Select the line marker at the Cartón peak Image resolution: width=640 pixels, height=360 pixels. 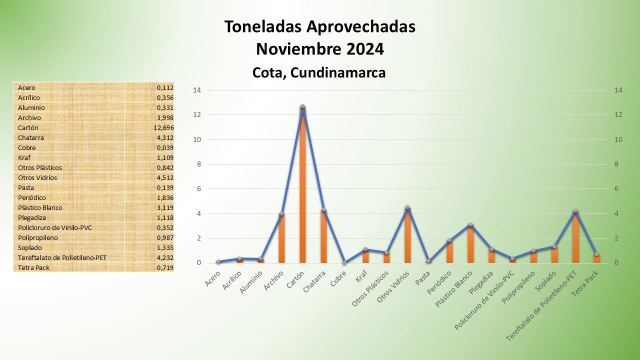pos(302,106)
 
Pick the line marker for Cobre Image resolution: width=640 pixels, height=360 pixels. pos(344,262)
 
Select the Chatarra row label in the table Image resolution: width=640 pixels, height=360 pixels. pos(29,137)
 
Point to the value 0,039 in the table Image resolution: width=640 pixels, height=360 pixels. pos(165,147)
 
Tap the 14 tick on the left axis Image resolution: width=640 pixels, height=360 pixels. pos(196,90)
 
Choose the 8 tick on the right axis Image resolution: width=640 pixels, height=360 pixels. pos(618,164)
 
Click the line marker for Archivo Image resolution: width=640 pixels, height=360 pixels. pos(281,213)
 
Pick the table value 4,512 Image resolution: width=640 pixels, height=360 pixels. pos(165,177)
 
